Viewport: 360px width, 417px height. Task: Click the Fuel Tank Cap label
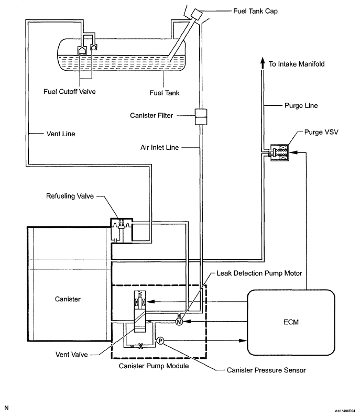click(255, 11)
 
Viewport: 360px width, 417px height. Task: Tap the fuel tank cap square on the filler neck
click(197, 14)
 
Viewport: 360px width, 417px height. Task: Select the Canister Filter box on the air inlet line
click(201, 117)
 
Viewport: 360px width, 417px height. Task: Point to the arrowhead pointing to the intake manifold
click(263, 63)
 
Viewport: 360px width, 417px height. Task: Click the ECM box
click(291, 322)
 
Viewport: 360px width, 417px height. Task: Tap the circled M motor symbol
click(179, 322)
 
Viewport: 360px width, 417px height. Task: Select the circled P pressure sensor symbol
click(160, 341)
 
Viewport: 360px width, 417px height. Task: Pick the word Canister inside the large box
click(68, 299)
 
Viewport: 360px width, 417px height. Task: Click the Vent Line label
click(61, 134)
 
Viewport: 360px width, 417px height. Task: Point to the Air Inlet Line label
click(160, 147)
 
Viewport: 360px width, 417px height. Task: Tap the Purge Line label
click(301, 106)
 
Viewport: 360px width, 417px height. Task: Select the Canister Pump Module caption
click(154, 366)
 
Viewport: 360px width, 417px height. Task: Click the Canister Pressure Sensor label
click(266, 370)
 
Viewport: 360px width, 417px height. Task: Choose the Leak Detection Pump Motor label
click(259, 273)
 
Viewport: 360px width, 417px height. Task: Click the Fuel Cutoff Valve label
click(70, 92)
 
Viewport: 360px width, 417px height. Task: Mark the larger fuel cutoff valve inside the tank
click(82, 50)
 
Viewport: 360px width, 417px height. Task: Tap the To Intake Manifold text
click(297, 64)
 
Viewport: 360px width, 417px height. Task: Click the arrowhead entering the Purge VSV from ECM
click(293, 152)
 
